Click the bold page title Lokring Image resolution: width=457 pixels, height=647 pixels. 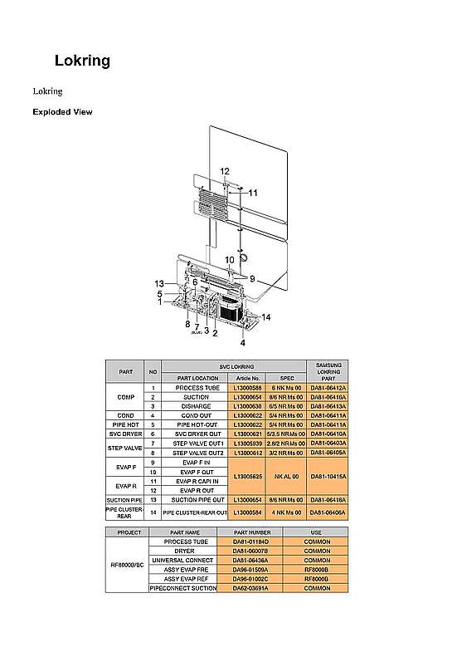[x=82, y=61]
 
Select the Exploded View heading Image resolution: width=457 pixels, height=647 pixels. [x=62, y=111]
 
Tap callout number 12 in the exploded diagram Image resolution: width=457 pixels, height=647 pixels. [x=225, y=171]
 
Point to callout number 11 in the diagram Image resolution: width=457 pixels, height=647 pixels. [x=253, y=192]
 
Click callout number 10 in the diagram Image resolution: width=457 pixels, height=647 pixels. [x=229, y=260]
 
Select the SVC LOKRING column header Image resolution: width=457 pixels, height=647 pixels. [x=236, y=366]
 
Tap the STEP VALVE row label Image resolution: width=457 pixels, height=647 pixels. [x=126, y=448]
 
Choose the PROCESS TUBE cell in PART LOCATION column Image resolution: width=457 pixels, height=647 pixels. [x=197, y=388]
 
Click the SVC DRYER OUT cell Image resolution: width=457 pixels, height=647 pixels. [x=197, y=434]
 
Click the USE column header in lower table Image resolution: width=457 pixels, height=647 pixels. [x=317, y=532]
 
